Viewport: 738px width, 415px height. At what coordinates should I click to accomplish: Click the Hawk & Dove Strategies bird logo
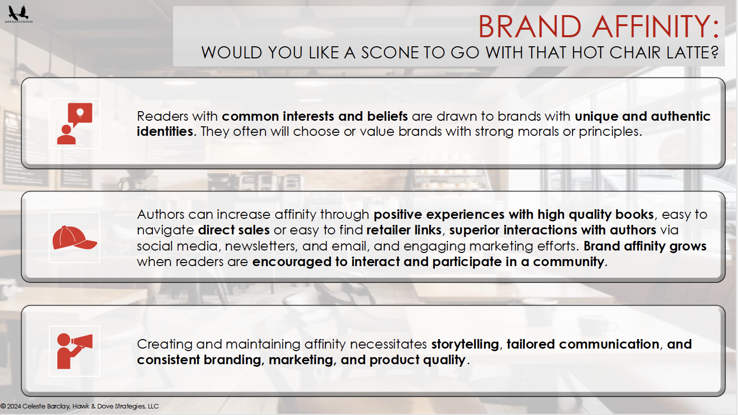[19, 14]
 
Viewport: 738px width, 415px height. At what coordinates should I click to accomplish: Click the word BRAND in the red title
[530, 27]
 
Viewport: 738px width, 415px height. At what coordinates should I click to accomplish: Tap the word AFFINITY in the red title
[654, 27]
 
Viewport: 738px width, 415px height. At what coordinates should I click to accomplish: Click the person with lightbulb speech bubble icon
[74, 124]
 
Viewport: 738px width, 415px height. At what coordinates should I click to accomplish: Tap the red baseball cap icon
[75, 237]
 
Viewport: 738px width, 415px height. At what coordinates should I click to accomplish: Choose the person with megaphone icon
[74, 351]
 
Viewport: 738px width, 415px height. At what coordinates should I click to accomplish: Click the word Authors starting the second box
[161, 214]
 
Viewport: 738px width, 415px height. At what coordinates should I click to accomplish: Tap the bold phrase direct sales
[234, 230]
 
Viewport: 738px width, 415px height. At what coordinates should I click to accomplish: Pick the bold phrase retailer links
[404, 230]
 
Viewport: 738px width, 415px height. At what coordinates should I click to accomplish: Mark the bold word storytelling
[465, 345]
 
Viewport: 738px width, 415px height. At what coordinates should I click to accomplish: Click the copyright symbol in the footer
[4, 406]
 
